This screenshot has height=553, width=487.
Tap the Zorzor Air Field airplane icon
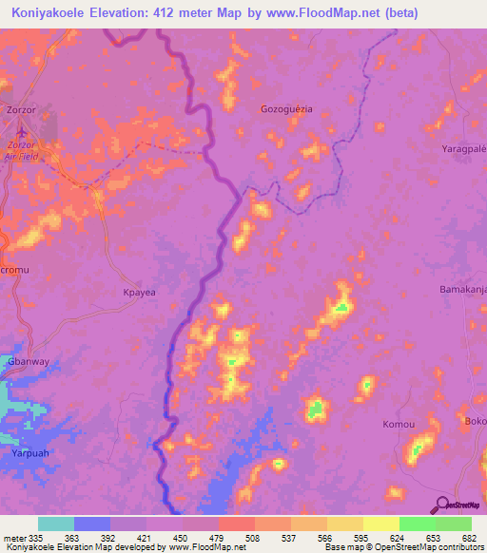pyautogui.click(x=22, y=131)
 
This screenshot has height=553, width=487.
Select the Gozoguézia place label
pyautogui.click(x=286, y=109)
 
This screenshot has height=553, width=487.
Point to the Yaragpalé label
pyautogui.click(x=463, y=150)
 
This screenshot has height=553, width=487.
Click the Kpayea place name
pyautogui.click(x=140, y=294)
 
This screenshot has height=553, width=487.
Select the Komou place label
pyautogui.click(x=397, y=424)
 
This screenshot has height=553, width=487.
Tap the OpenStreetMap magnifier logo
pyautogui.click(x=440, y=505)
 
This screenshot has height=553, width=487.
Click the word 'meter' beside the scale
pyautogui.click(x=14, y=537)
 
